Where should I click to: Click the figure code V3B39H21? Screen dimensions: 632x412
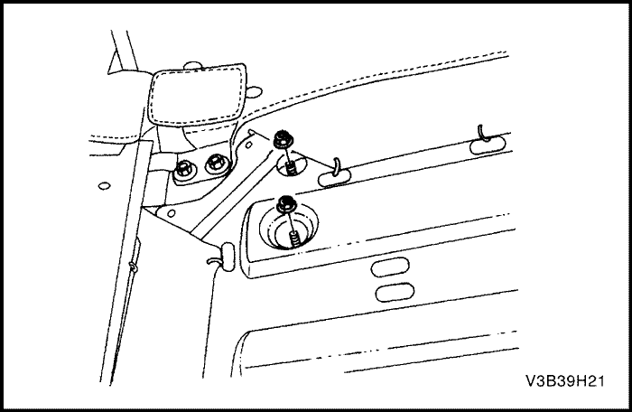564,381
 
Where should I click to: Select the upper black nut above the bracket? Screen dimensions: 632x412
283,139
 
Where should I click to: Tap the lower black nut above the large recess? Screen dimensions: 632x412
286,204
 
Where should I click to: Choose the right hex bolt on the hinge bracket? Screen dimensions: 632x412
216,163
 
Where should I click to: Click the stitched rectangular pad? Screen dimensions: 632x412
198,95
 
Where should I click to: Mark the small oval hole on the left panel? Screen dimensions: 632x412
104,186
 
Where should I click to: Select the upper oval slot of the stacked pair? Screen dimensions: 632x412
390,267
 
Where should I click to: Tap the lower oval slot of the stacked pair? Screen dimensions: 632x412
395,292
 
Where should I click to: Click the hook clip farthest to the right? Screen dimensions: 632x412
488,143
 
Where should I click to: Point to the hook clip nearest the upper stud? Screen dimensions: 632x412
335,173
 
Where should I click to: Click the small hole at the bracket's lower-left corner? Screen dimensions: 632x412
171,212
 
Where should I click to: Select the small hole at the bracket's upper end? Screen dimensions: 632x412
248,145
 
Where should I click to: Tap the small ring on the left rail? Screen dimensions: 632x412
133,267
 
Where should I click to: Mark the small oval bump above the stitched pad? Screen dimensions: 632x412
192,66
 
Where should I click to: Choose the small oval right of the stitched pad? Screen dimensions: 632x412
253,92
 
